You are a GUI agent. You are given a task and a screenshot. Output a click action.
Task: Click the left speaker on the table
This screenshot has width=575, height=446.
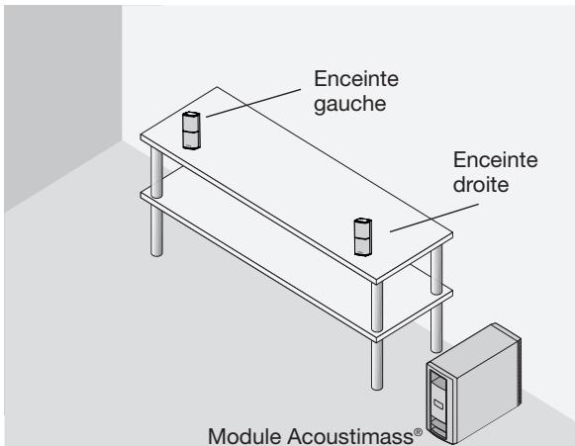click(191, 130)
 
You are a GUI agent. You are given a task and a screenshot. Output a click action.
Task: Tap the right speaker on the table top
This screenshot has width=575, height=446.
click(363, 236)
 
